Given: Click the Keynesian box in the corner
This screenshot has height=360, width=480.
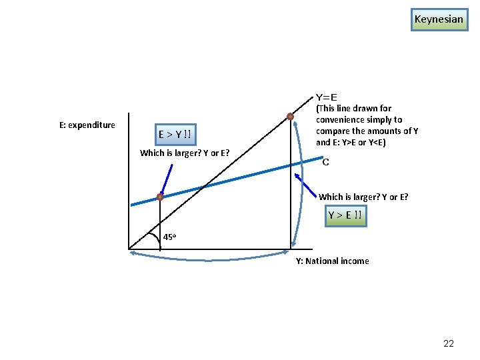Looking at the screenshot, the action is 438,19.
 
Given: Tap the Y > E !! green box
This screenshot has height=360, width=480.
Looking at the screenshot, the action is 345,215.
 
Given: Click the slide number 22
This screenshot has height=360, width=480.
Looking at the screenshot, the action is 449,343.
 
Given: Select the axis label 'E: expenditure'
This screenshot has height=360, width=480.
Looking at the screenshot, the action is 87,125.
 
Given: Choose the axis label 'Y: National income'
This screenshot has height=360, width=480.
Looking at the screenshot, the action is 332,261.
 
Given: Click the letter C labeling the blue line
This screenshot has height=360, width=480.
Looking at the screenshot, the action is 325,162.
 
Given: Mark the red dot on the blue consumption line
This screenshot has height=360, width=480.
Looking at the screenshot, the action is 160,197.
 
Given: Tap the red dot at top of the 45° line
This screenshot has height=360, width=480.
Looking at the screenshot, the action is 290,117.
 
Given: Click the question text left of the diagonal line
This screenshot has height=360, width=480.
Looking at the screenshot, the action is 185,153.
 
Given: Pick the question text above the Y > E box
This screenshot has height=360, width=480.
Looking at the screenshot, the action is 363,197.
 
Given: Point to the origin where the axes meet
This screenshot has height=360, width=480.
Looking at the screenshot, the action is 129,249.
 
